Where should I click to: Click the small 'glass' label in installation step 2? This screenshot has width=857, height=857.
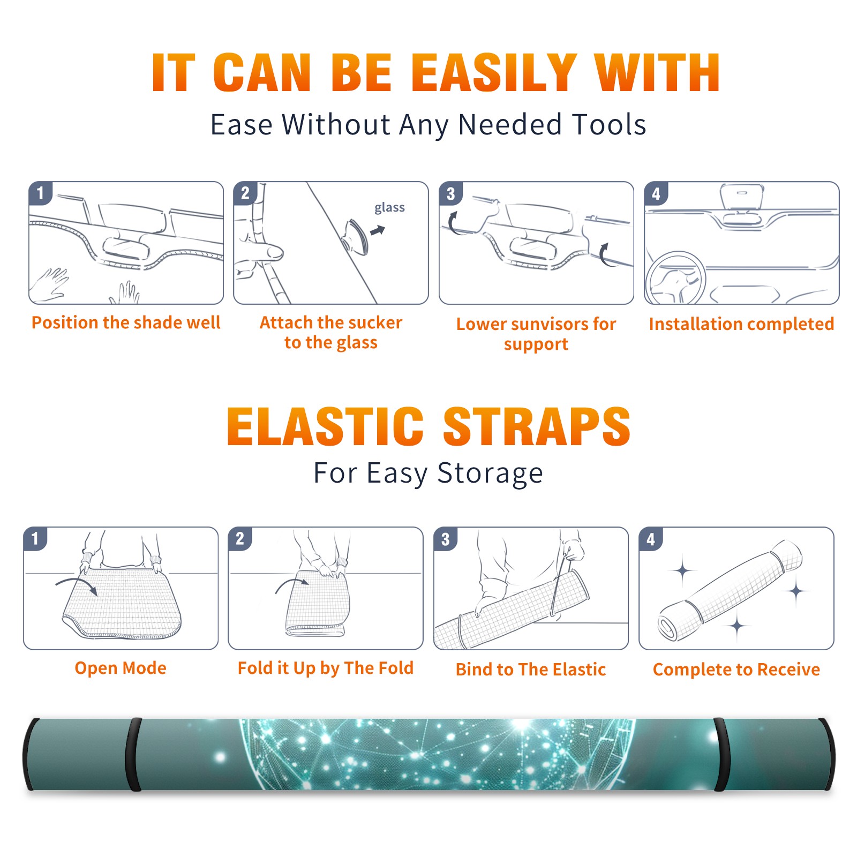(389, 208)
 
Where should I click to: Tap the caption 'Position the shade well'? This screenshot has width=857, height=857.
(126, 322)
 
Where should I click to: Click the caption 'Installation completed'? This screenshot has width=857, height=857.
(741, 324)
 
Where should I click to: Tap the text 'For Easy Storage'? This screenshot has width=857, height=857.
(428, 473)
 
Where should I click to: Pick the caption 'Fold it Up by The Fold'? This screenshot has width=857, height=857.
(326, 668)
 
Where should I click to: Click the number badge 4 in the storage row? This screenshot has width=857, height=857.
(651, 539)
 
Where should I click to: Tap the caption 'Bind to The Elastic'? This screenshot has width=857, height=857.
(531, 669)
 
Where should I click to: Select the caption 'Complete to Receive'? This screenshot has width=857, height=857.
(736, 669)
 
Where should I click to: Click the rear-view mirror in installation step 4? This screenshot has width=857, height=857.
(742, 197)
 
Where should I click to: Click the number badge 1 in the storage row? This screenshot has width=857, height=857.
(35, 539)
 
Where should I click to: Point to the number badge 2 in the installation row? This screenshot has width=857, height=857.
(245, 193)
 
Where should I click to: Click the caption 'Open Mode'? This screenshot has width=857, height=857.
(121, 668)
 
